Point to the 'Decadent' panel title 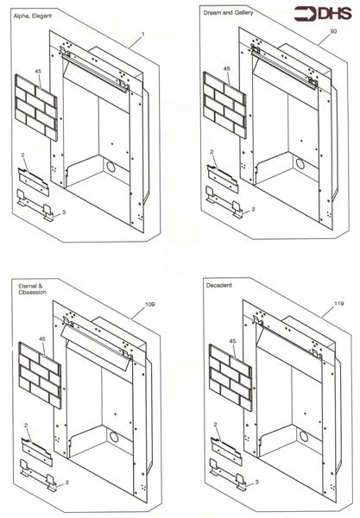(x=219, y=284)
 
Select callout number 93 (x=332, y=31)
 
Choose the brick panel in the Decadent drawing (x=229, y=376)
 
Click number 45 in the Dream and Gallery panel (x=227, y=68)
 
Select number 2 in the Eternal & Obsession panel (x=27, y=426)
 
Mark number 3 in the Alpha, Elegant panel (x=63, y=212)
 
